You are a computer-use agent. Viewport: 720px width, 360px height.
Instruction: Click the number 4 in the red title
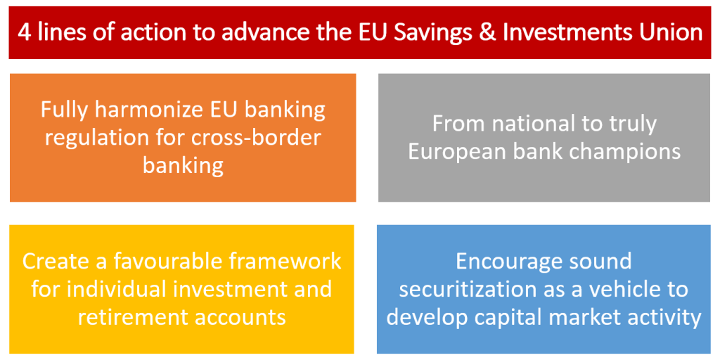25,33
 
